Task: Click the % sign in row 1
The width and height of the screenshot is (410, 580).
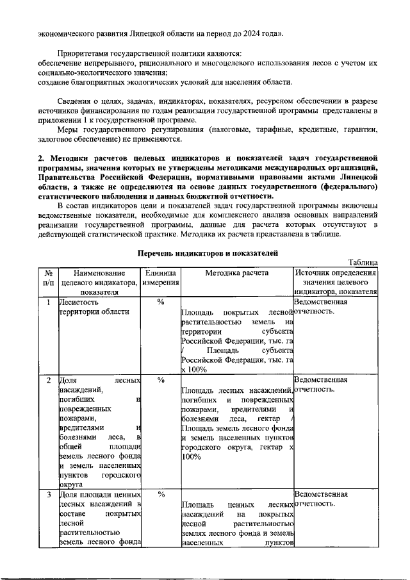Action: [x=160, y=302]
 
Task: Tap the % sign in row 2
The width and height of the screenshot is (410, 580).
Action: [x=160, y=380]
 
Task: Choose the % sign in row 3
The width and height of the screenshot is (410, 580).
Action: [x=160, y=495]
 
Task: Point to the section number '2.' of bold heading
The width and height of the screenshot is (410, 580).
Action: [x=40, y=157]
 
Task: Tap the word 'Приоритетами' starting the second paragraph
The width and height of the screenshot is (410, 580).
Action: [x=84, y=54]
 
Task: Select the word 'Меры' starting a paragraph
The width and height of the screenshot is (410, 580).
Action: [x=68, y=130]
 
